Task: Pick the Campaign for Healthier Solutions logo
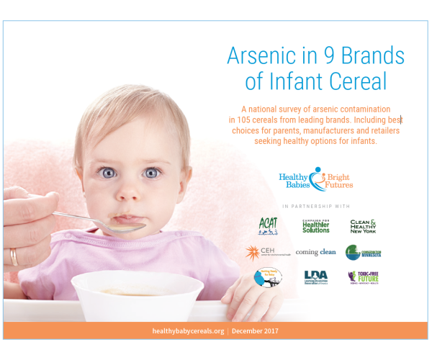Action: [315, 225]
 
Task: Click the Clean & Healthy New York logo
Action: [363, 225]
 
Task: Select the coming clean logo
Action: [315, 252]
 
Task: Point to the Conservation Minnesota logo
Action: [363, 252]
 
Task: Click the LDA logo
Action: [315, 277]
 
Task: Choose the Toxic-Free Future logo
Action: [363, 277]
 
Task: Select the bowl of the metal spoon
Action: [122, 225]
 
